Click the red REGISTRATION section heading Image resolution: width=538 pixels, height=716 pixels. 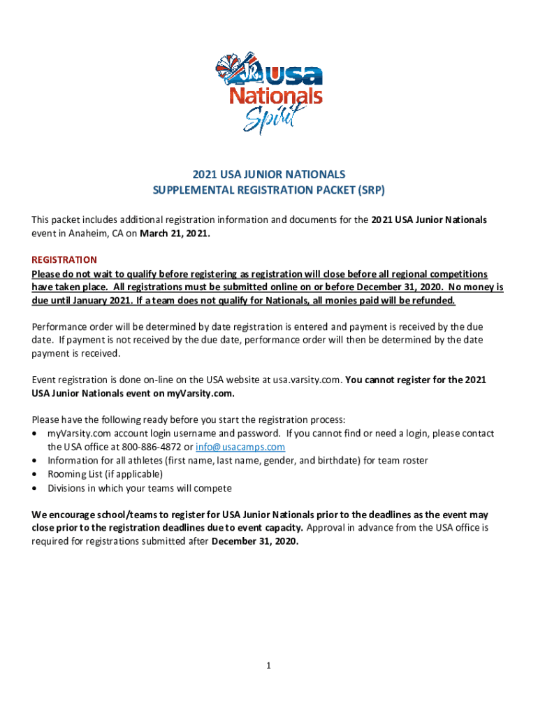pyautogui.click(x=64, y=259)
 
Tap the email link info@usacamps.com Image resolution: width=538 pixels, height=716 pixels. pyautogui.click(x=240, y=447)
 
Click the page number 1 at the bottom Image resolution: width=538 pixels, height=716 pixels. pyautogui.click(x=268, y=666)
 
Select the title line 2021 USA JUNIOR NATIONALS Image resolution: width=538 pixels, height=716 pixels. pyautogui.click(x=269, y=174)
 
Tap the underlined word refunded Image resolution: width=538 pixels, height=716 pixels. pyautogui.click(x=431, y=300)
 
